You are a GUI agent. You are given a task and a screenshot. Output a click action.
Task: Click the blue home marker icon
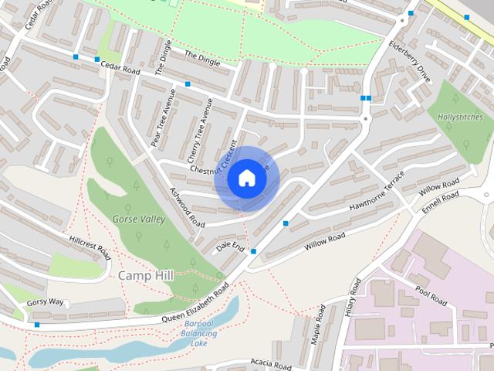[246, 179]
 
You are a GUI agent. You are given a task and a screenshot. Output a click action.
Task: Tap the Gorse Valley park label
[138, 219]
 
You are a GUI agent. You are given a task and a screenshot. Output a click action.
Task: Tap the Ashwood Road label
[187, 209]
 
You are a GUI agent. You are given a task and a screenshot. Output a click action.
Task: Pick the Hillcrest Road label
[90, 247]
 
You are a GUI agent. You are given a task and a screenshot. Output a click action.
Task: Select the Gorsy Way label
[45, 301]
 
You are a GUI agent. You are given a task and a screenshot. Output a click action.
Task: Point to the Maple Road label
[316, 329]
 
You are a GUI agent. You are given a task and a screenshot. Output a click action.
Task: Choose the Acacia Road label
[271, 364]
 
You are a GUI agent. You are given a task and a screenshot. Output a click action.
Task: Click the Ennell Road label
[441, 203]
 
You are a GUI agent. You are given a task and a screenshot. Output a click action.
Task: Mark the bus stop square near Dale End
[253, 262]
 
